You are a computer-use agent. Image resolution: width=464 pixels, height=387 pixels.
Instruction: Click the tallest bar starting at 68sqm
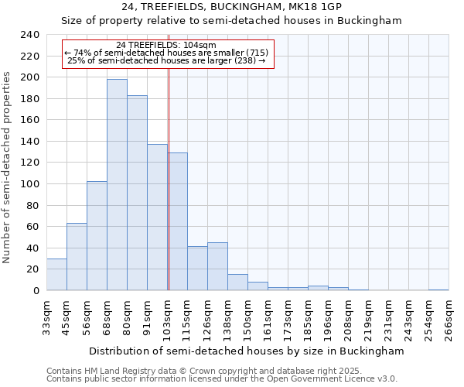click(117, 185)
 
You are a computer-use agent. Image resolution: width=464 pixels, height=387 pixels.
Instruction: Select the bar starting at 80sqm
click(137, 193)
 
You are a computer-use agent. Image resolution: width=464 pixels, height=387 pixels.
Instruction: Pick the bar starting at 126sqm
click(217, 266)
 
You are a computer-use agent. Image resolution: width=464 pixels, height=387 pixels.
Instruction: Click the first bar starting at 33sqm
click(56, 275)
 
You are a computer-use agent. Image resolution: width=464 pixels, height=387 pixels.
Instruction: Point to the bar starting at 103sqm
click(177, 221)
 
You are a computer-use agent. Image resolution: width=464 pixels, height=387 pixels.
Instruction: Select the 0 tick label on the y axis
click(36, 291)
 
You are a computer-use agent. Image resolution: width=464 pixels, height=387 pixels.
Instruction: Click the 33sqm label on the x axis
click(46, 318)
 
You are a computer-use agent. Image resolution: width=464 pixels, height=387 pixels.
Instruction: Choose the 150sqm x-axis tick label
click(247, 318)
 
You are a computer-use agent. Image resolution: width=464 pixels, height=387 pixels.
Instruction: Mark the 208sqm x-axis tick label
click(348, 318)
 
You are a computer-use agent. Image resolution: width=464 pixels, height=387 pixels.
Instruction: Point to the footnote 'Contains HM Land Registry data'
click(221, 371)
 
